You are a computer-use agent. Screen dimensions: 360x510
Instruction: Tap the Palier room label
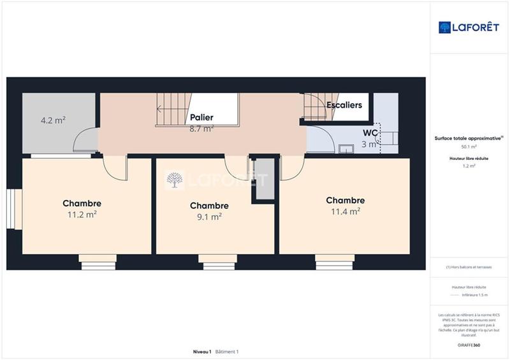201,118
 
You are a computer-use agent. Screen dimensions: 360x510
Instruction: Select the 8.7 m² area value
201,128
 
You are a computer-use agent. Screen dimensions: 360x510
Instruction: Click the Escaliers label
344,104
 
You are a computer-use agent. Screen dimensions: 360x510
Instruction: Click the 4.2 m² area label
54,120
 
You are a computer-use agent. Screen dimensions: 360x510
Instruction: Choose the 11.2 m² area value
82,215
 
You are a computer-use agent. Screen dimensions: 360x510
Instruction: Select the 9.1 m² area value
209,216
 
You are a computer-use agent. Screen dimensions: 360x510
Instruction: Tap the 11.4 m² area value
345,211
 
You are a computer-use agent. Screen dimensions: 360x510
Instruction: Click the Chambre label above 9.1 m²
209,206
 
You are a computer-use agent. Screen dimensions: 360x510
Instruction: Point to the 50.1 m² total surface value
469,147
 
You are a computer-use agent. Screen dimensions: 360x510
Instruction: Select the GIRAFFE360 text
469,344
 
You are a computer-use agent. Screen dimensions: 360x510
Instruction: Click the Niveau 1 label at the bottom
202,352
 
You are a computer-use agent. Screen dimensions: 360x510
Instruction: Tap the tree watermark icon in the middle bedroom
174,182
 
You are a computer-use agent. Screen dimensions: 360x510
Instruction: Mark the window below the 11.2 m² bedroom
98,258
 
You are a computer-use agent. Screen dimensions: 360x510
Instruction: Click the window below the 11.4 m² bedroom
335,258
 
